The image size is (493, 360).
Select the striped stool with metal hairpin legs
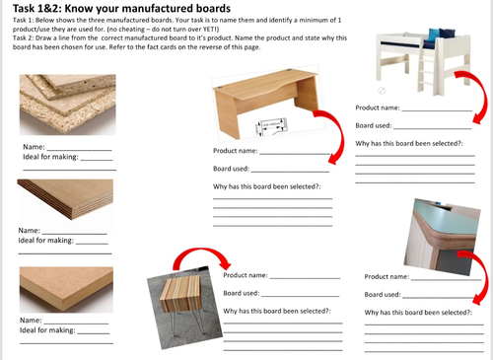(x=181, y=307)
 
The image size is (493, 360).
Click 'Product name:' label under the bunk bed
(x=378, y=108)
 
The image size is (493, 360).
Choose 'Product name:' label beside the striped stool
(x=246, y=276)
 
